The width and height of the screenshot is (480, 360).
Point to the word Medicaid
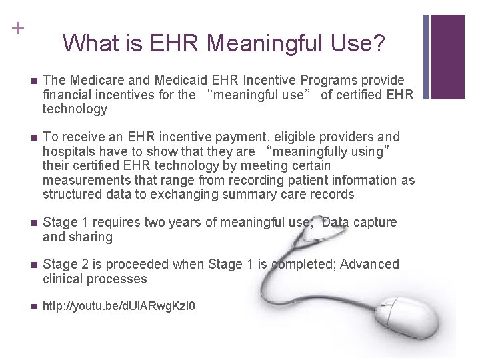(181, 80)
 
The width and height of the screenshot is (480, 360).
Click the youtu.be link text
(119, 307)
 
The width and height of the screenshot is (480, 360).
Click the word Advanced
(369, 265)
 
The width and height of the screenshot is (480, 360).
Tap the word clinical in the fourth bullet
(63, 279)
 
